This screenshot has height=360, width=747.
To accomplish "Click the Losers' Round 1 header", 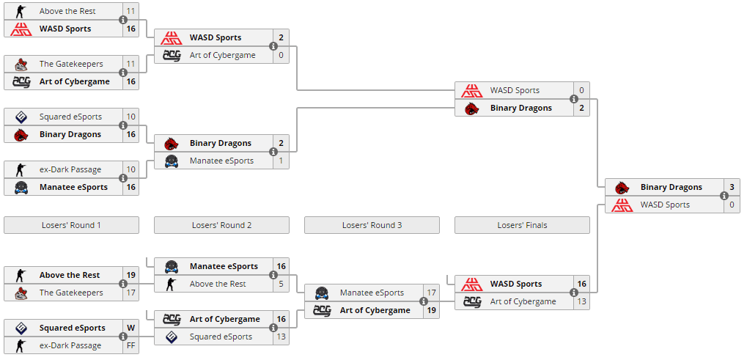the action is coord(71,225).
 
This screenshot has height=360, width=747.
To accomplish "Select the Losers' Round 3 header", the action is coord(372,225).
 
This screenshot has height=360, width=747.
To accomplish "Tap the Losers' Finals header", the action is coord(522,225).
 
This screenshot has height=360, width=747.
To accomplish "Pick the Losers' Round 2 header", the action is coord(221,225).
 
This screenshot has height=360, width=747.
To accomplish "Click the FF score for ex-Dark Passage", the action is coord(130,346).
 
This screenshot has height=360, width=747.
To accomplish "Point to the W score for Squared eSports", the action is coord(130,328).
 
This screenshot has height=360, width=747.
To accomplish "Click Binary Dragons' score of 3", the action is coord(732,187).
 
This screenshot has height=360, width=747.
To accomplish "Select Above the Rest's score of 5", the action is coord(281,284).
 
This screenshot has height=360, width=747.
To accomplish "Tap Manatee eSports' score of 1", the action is coord(281,161).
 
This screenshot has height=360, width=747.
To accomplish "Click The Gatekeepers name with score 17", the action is coord(71,293).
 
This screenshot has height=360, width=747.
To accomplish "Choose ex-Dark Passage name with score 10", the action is coord(70,169).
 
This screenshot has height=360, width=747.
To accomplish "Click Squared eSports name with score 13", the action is coord(221,337).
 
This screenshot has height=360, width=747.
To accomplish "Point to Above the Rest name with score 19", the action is coord(70,275).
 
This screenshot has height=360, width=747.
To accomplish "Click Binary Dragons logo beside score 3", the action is coord(622,188).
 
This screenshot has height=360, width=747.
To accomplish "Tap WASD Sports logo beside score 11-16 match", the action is coord(21,29).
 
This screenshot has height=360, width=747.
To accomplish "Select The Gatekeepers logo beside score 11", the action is coord(21,64).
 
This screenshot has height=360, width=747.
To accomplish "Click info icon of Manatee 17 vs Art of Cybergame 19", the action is coord(424,301).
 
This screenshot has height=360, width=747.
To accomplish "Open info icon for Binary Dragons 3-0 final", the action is coord(724,196).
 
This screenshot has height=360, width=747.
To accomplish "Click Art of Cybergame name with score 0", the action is coord(222,55).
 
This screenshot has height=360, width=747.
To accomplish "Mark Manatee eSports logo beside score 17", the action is coord(322,293).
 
